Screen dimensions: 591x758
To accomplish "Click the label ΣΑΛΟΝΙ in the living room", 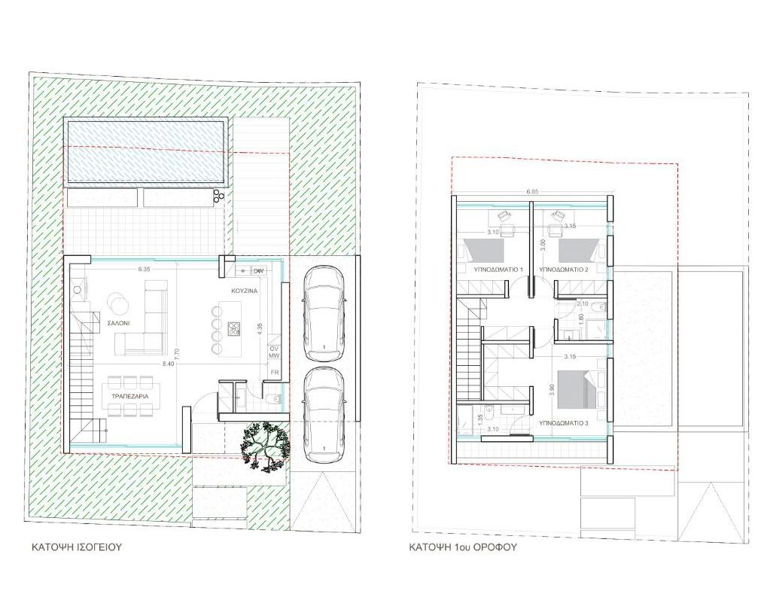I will pos(117,321).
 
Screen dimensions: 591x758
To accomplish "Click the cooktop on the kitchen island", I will pos(233,327).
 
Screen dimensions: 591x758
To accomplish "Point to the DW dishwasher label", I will pos(258,271).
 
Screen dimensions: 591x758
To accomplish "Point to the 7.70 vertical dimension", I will pos(176,352).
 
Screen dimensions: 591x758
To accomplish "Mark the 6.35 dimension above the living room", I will pos(145,267).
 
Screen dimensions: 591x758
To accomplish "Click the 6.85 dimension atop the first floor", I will pos(532,191).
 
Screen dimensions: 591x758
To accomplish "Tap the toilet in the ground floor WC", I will pos(275,398).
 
